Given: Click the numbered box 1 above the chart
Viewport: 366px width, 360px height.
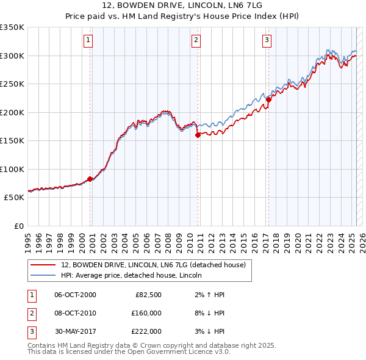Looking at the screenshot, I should [89, 41].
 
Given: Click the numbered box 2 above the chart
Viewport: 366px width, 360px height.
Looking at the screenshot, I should [196, 41].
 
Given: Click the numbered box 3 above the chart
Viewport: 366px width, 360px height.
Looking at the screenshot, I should [267, 41].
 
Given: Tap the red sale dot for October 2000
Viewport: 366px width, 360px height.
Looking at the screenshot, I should [90, 179].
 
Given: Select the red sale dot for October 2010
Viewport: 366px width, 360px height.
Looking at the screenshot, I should [198, 135].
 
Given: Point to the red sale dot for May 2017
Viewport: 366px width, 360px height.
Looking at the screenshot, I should [268, 100].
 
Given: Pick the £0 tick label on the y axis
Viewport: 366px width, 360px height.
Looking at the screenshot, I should [18, 226].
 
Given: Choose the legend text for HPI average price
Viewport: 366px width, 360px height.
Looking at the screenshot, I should [135, 275].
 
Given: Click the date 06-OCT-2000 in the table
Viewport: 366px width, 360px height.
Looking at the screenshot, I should [75, 295].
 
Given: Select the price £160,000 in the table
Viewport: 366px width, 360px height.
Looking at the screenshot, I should [146, 312].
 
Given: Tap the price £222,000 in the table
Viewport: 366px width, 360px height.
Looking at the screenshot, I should [146, 331].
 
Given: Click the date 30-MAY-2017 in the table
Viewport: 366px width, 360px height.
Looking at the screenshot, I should [75, 331].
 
